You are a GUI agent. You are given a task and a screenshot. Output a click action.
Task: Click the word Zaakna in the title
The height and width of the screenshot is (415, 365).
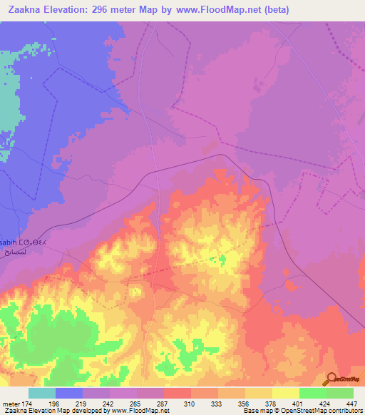click(26, 9)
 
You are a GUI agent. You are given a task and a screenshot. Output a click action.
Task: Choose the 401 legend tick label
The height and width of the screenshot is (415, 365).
click(299, 404)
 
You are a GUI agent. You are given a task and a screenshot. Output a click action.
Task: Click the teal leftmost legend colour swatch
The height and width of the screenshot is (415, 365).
click(42, 393)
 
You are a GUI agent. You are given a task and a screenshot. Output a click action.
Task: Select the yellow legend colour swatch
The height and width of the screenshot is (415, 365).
click(285, 393)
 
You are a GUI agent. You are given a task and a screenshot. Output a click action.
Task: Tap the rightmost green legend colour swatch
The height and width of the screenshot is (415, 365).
click(340, 393)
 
